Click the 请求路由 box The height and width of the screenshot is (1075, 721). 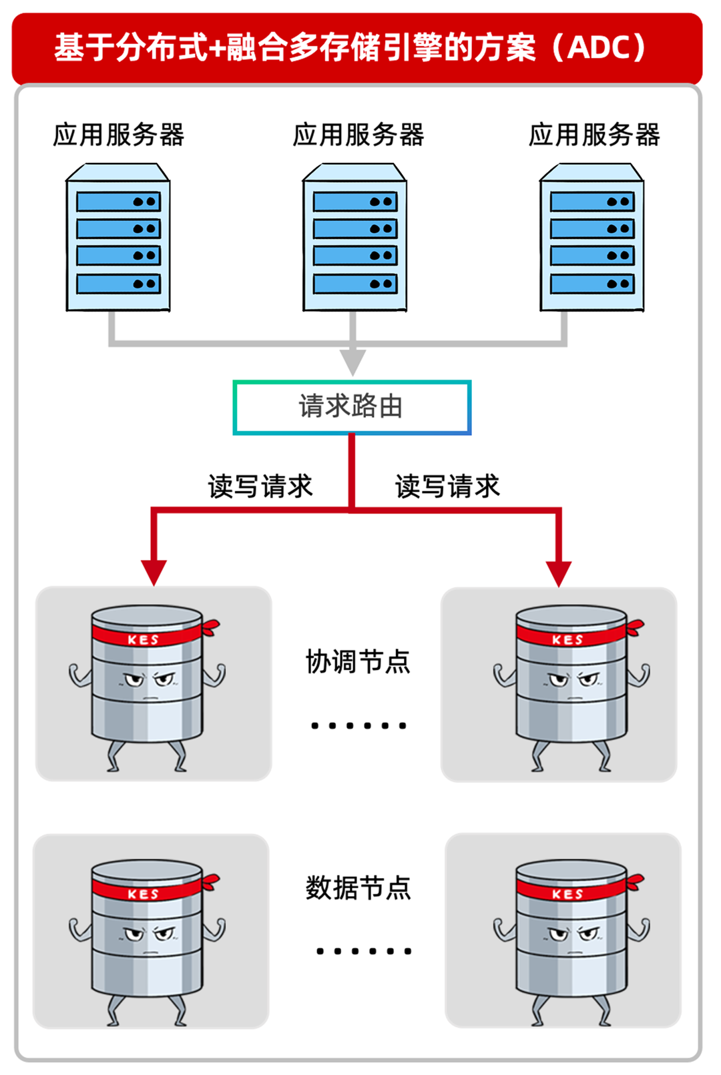tap(352, 407)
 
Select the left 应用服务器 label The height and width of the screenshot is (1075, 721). tap(118, 135)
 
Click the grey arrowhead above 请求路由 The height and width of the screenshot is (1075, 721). tap(352, 362)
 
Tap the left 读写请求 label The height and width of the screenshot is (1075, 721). tap(260, 486)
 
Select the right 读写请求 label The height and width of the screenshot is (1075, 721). tap(447, 486)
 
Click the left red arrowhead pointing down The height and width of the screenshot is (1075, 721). tap(154, 573)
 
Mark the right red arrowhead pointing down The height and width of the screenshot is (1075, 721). tap(559, 573)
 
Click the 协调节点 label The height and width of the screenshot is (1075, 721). tap(358, 662)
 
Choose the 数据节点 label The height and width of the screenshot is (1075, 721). tap(358, 888)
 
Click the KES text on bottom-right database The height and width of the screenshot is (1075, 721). tap(568, 894)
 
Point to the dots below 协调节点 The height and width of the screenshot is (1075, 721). tap(358, 725)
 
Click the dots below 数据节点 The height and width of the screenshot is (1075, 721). tap(363, 951)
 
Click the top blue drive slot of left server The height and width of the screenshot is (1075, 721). tap(118, 202)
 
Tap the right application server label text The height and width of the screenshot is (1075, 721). tap(594, 135)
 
